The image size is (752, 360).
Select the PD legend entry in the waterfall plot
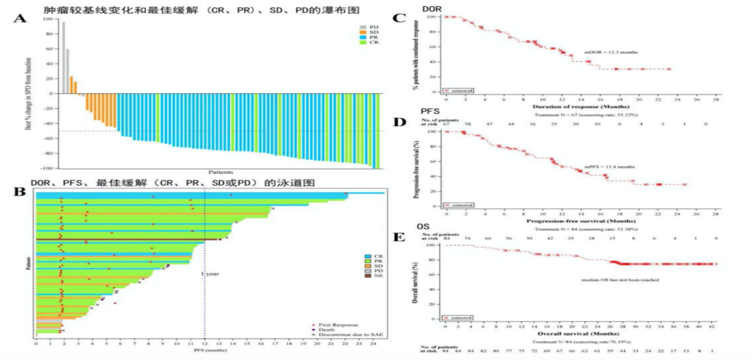coord(373,26)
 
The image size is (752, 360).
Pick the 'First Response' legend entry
coord(340,325)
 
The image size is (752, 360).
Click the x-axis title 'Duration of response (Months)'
coord(578,108)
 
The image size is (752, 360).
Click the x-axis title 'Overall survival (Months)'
coord(579,333)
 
